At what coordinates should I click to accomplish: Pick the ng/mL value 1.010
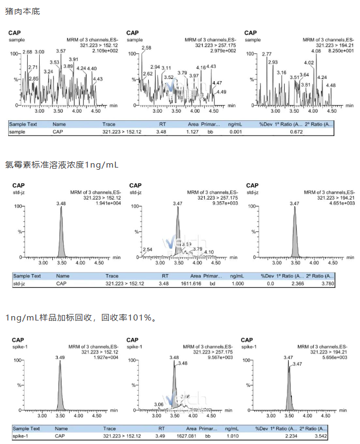pyautogui.click(x=232, y=436)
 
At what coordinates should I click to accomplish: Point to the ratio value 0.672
pyautogui.click(x=296, y=132)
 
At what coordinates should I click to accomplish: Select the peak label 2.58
pyautogui.click(x=146, y=48)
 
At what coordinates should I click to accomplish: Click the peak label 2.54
pyautogui.click(x=147, y=249)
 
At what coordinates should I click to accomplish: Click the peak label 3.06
pyautogui.click(x=159, y=404)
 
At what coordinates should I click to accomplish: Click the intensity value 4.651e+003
pyautogui.click(x=343, y=203)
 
